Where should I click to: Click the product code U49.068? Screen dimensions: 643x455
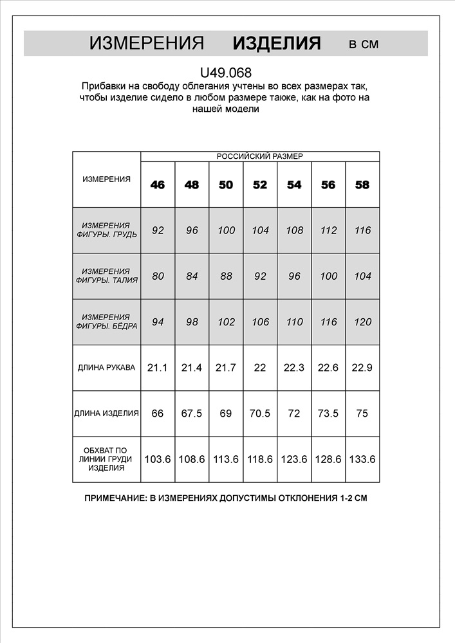point(226,73)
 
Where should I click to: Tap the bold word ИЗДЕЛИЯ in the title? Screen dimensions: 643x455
point(277,44)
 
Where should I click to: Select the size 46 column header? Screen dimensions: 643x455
point(158,185)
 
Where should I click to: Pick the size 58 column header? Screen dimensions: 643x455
point(362,185)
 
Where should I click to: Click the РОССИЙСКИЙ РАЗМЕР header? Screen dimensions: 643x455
point(259,156)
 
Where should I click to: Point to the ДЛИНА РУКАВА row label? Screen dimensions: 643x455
point(106,368)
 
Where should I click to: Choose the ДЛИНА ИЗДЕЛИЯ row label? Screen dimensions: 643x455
point(106,413)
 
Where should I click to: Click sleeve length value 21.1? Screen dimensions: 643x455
point(158,368)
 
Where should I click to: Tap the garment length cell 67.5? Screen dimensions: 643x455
point(192,413)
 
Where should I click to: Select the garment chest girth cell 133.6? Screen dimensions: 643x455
point(362,459)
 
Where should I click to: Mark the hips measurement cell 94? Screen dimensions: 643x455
point(158,322)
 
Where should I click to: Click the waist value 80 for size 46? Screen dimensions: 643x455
point(158,276)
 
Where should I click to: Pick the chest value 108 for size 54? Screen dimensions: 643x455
point(294,230)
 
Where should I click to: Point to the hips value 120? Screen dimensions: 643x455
point(362,322)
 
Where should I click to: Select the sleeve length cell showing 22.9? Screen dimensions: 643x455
point(362,368)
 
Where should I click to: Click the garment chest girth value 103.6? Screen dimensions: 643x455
point(158,459)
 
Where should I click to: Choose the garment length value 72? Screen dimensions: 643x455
point(294,413)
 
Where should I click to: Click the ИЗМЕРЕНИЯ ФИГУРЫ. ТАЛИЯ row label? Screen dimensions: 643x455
point(106,276)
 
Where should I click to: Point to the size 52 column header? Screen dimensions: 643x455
point(260,185)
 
